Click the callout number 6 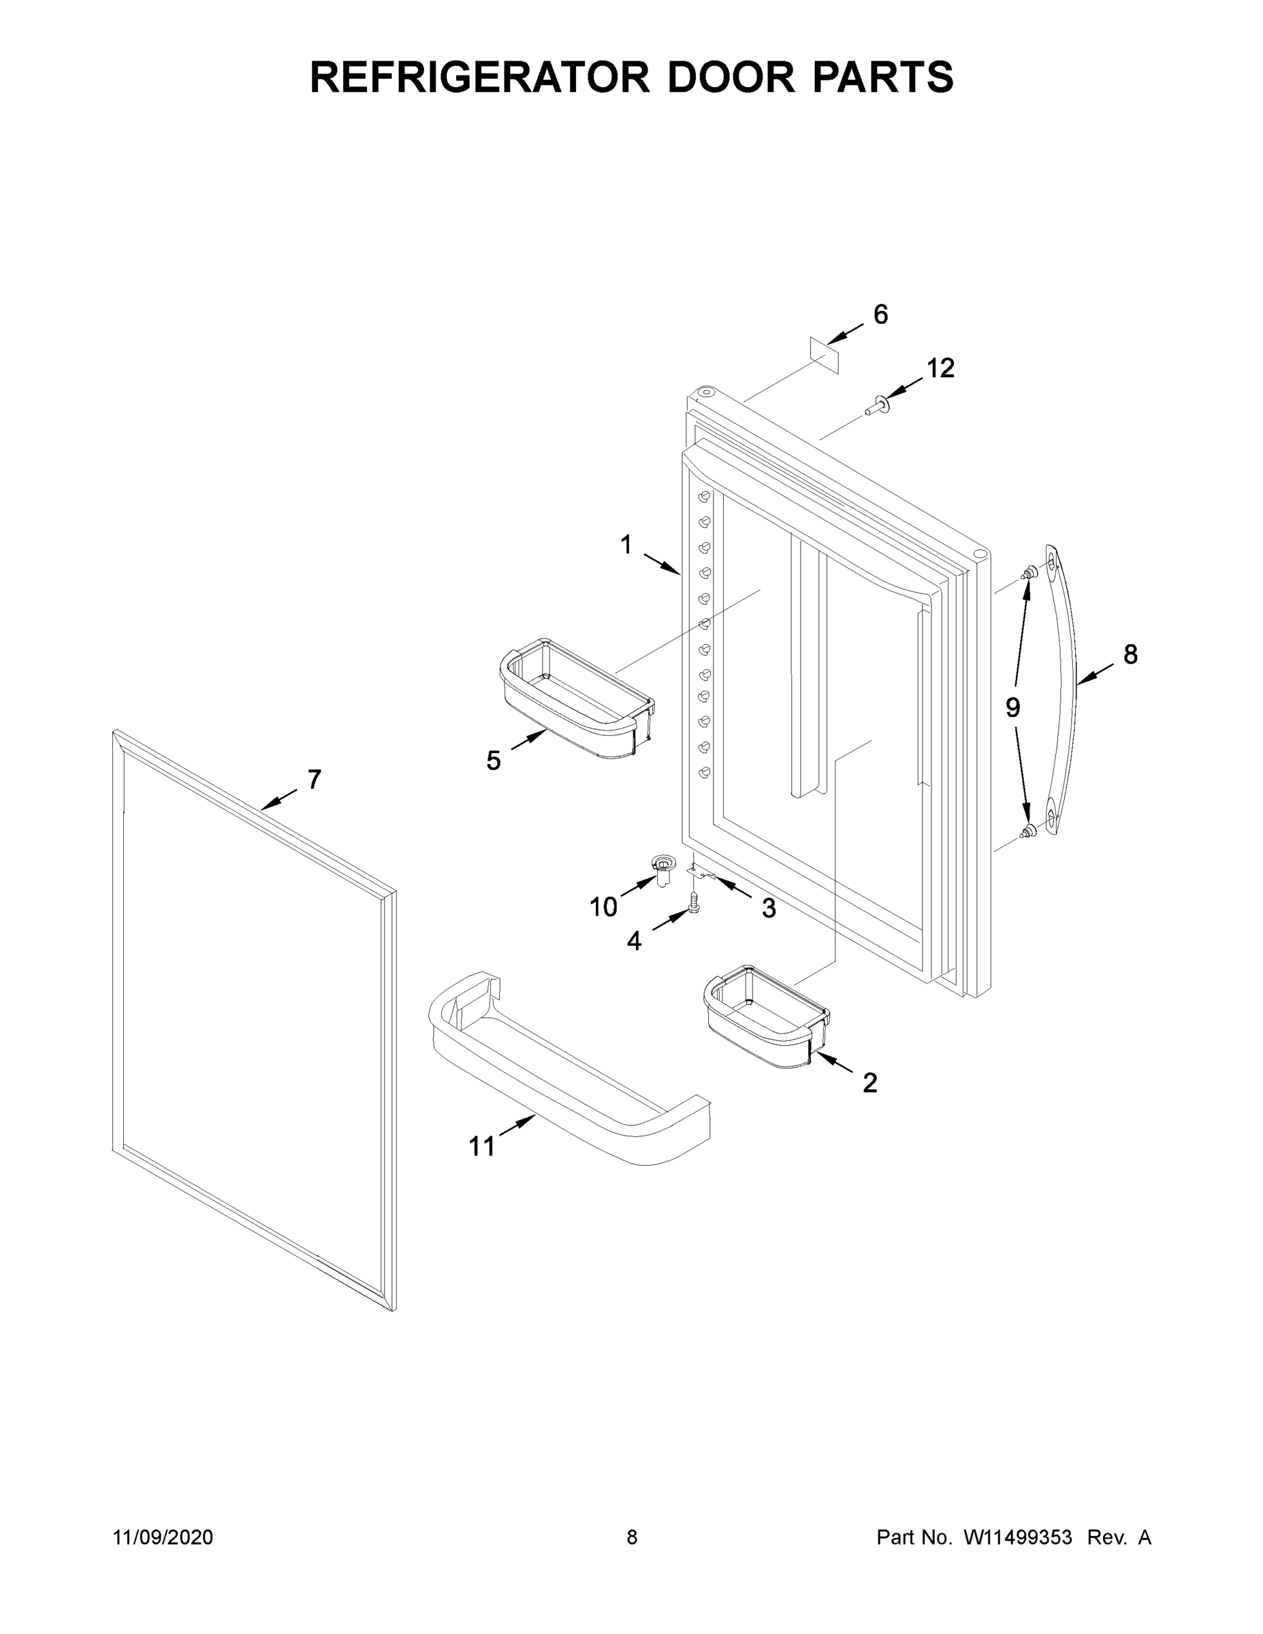pos(880,315)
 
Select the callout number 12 pos(940,368)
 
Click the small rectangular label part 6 pos(825,355)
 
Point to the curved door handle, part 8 pos(1061,688)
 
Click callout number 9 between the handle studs pos(1012,707)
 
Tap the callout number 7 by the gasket pos(315,780)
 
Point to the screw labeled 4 pos(694,900)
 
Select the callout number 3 pos(769,908)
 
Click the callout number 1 pos(626,545)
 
